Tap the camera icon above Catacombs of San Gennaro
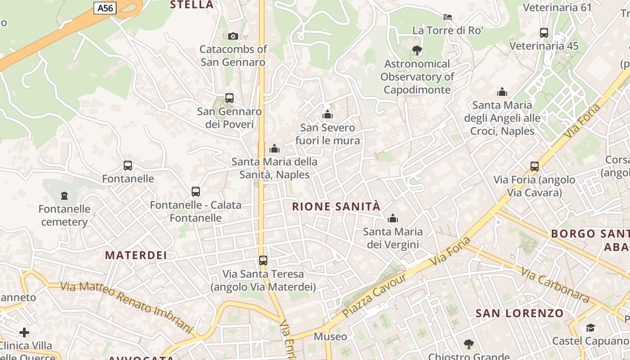coord(233,36)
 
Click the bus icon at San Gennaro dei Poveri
coord(229,98)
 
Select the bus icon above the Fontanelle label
coord(128,165)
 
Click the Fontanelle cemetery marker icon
coord(64,195)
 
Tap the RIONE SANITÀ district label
coord(336,207)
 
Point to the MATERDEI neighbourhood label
coord(136,255)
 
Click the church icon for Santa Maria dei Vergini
coord(393,218)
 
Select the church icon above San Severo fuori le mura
coord(328,114)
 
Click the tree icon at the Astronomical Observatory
coord(417,50)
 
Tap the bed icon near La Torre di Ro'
coord(447,17)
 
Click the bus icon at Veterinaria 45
coord(544,32)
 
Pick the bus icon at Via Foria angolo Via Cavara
coord(534,166)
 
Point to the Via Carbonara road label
coord(555,284)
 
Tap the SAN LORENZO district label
coord(519,313)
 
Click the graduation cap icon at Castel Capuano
coord(590,328)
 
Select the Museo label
coord(330,337)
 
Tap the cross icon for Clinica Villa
coord(24,333)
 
